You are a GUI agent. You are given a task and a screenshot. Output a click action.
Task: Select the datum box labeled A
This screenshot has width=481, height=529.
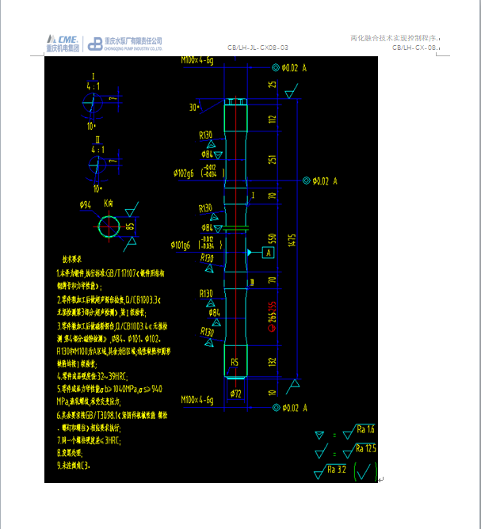pyautogui.click(x=268, y=253)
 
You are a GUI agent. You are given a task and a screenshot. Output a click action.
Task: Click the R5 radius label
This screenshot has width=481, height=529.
pyautogui.click(x=234, y=362)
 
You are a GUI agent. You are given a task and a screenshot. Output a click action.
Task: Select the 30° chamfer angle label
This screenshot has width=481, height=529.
pyautogui.click(x=193, y=107)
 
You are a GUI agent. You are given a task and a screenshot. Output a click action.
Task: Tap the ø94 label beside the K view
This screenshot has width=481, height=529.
pyautogui.click(x=86, y=204)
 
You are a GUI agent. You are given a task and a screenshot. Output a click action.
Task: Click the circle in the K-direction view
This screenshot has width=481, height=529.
pyautogui.click(x=109, y=227)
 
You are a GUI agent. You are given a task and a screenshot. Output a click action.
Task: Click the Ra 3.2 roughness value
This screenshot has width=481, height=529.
pyautogui.click(x=338, y=469)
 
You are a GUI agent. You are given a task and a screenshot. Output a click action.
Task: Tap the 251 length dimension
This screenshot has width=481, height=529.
pyautogui.click(x=273, y=160)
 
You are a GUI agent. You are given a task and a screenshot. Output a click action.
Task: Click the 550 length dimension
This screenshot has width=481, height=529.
pyautogui.click(x=273, y=238)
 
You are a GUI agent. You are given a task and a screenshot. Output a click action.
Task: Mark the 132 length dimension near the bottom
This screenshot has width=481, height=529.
pyautogui.click(x=273, y=362)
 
